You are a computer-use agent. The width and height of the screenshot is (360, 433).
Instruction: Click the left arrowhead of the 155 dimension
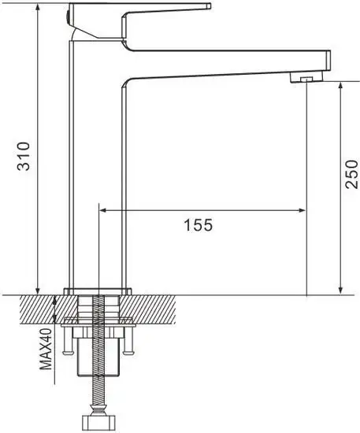click(102, 210)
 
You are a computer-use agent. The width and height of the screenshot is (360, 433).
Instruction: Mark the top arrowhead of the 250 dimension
click(340, 84)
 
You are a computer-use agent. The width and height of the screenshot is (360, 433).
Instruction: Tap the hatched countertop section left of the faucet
click(32, 309)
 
